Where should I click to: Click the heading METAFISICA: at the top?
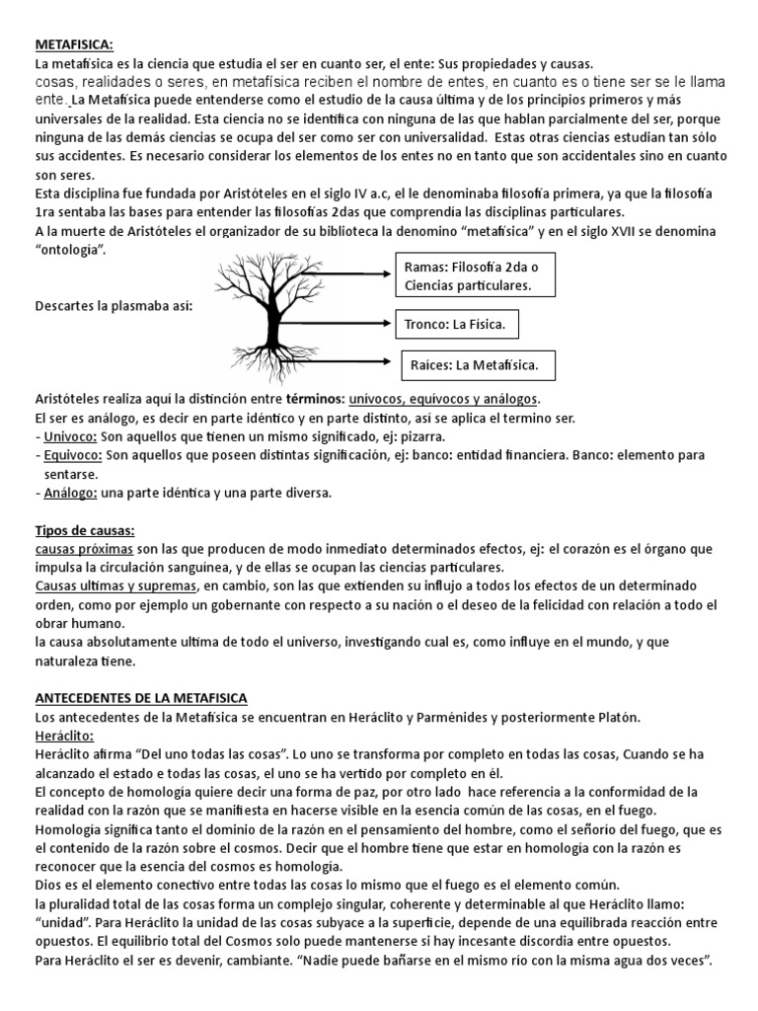[74, 44]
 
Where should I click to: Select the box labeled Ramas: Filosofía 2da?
[472, 275]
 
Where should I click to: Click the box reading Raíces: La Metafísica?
[474, 365]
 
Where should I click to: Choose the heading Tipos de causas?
[84, 530]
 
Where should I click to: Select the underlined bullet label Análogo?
[69, 492]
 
